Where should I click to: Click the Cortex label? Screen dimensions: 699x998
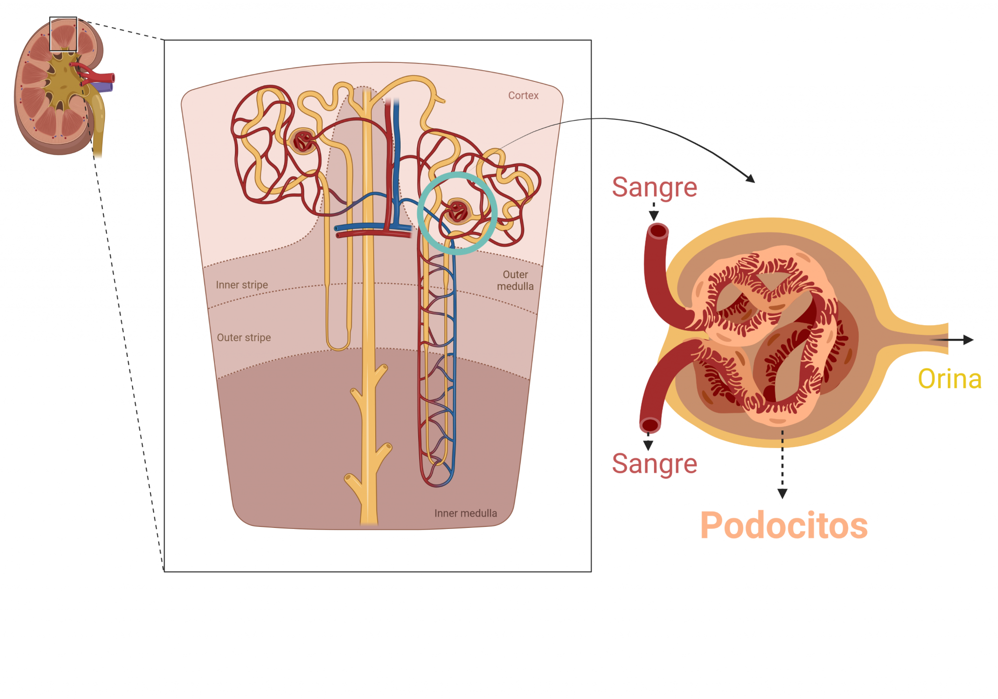523,96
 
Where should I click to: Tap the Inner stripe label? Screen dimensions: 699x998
242,285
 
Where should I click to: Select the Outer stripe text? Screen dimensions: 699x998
244,337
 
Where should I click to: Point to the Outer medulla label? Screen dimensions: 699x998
515,280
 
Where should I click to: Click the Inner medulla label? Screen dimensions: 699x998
465,513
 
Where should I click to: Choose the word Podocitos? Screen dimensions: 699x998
784,525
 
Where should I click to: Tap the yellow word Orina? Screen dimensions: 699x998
949,379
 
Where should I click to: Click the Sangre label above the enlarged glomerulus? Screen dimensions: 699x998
654,187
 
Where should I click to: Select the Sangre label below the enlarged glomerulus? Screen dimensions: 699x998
654,464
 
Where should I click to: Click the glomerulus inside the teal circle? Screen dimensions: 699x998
458,211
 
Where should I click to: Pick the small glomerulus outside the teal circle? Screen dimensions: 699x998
303,141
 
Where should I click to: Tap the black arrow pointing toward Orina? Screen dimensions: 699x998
955,340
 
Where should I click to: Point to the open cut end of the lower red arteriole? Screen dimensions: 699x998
650,425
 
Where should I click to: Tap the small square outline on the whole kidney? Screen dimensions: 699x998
63,34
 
